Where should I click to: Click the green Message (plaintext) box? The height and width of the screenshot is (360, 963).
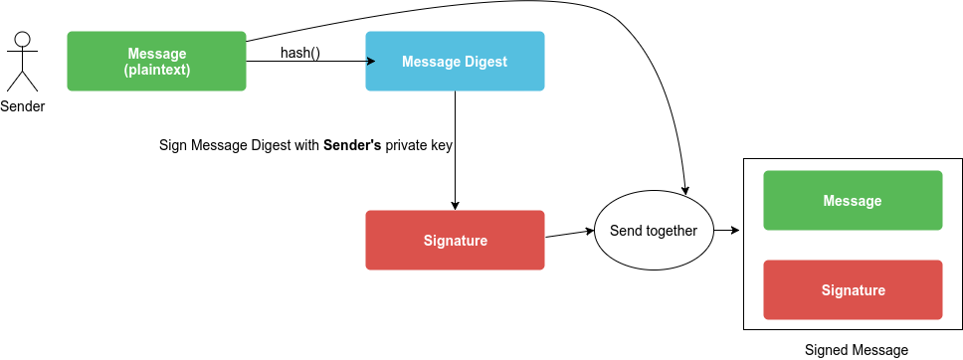pyautogui.click(x=156, y=61)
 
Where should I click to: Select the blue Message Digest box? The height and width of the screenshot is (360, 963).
pyautogui.click(x=455, y=61)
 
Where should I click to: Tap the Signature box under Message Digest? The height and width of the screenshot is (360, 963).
pyautogui.click(x=455, y=240)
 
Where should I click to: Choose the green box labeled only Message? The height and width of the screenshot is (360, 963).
pyautogui.click(x=853, y=200)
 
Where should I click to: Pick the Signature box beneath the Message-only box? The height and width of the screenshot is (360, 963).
pyautogui.click(x=853, y=289)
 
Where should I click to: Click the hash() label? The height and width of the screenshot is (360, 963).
pyautogui.click(x=299, y=53)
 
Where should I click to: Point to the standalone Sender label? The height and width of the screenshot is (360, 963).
pyautogui.click(x=22, y=106)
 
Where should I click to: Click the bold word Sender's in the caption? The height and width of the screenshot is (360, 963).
pyautogui.click(x=352, y=145)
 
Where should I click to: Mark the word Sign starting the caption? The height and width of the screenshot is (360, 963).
pyautogui.click(x=173, y=145)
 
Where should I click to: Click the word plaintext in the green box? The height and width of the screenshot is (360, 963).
pyautogui.click(x=157, y=70)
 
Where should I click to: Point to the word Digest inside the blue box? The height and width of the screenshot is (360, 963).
pyautogui.click(x=484, y=62)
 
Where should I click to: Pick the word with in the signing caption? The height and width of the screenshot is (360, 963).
pyautogui.click(x=306, y=145)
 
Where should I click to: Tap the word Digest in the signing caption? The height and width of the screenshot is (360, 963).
pyautogui.click(x=270, y=145)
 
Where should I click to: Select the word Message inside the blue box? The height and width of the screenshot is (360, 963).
pyautogui.click(x=429, y=62)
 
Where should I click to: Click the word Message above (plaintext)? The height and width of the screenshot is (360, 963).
pyautogui.click(x=157, y=53)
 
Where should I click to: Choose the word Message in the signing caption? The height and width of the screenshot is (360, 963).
pyautogui.click(x=218, y=145)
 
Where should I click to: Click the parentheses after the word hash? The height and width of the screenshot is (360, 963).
pyautogui.click(x=314, y=53)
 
